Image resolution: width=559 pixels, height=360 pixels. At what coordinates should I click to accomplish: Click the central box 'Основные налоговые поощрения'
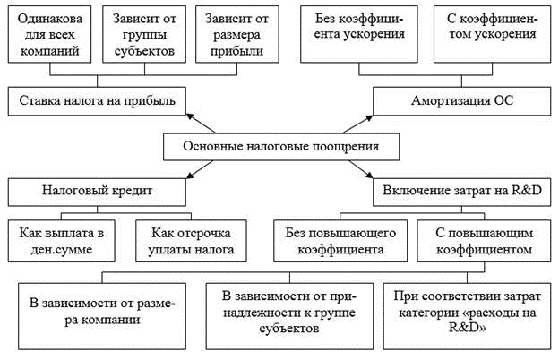tap(281, 147)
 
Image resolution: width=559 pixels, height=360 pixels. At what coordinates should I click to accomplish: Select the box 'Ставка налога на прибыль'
tap(97, 101)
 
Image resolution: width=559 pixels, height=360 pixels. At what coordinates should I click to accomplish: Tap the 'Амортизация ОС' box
tap(462, 101)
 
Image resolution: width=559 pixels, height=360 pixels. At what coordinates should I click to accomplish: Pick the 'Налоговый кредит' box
tap(97, 193)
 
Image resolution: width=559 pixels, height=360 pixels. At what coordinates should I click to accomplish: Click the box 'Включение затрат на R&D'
tap(462, 193)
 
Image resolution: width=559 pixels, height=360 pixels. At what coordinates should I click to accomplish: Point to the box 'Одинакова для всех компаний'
tap(49, 34)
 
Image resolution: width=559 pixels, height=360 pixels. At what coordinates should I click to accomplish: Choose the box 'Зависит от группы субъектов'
tap(144, 34)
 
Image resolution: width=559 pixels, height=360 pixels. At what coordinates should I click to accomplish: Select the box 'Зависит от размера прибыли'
tap(237, 34)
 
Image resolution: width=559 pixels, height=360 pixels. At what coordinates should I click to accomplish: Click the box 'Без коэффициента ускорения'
tap(359, 34)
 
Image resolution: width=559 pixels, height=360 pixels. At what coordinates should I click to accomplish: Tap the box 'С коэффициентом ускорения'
tap(493, 34)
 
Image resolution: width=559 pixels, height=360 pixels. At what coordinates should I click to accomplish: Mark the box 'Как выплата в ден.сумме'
tap(61, 241)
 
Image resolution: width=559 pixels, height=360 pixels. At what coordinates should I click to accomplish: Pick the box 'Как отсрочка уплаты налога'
tap(191, 241)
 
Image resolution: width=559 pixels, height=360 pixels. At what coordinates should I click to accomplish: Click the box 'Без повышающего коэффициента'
tap(340, 241)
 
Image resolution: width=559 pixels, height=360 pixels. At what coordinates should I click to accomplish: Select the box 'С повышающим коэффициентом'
tap(484, 241)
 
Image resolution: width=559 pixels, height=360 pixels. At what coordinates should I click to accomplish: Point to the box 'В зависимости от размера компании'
tap(102, 316)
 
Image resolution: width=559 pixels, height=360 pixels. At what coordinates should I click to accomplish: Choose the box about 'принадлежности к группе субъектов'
tap(289, 316)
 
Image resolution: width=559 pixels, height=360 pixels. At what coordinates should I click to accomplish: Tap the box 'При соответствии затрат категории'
tap(468, 316)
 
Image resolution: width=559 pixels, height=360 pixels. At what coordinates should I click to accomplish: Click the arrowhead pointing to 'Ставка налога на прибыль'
tap(189, 116)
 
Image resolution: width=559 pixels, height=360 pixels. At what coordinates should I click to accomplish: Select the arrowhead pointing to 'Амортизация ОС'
tap(369, 117)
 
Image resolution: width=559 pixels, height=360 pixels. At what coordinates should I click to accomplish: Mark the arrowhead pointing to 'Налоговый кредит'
tap(190, 176)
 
